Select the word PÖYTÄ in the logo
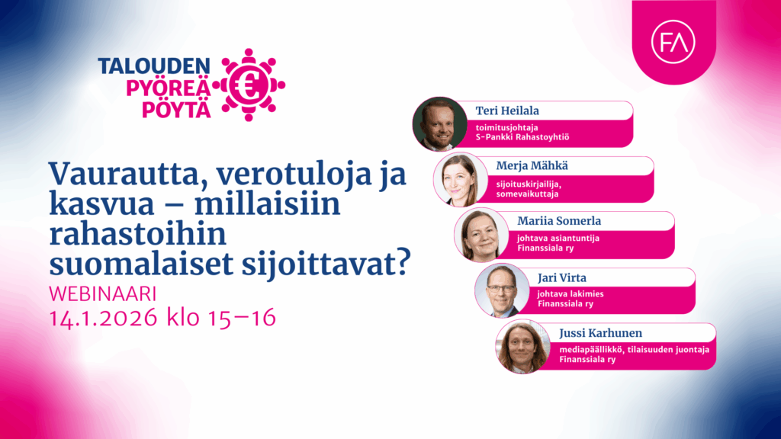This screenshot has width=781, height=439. (175, 110)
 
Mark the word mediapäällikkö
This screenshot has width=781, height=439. (572, 349)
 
